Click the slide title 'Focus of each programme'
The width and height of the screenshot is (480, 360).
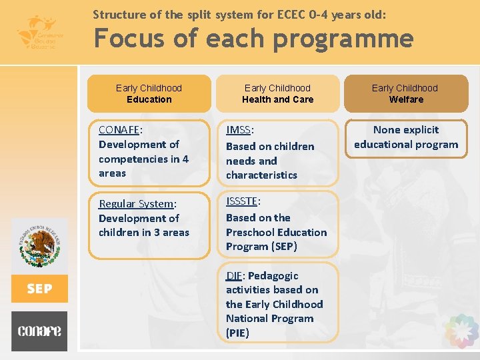coord(253,39)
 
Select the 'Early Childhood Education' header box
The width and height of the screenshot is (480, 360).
coord(149,93)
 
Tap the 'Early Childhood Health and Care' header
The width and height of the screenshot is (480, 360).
coord(277,93)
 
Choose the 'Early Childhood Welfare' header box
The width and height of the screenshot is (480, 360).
coord(405,93)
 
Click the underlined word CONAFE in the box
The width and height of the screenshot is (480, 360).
coord(119,130)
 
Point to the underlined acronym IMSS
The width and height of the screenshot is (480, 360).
coord(238,130)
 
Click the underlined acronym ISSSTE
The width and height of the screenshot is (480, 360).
coord(242,201)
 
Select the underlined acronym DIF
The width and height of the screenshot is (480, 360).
coord(234,275)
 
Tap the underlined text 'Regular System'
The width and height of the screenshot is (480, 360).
coord(135,204)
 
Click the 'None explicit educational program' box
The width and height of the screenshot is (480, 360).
coord(406,137)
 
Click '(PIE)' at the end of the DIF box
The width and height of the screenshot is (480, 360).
coord(237,333)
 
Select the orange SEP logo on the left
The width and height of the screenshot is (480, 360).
coord(39,289)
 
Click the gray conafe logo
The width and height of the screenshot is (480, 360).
coord(39,331)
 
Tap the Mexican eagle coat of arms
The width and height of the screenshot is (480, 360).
coord(40,247)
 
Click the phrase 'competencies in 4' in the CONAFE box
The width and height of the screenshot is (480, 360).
coord(143,159)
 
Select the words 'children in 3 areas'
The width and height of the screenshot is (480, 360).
coord(143,233)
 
